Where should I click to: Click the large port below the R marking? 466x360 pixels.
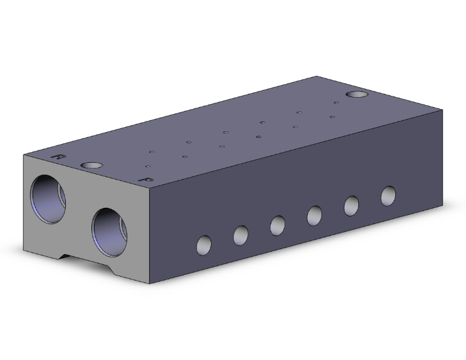(49, 198)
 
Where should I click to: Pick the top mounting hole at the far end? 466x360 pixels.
(358, 95)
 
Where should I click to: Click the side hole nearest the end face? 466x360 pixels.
(204, 244)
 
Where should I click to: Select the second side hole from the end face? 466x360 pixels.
(241, 235)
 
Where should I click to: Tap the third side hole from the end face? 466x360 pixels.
(278, 224)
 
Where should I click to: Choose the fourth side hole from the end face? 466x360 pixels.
(315, 215)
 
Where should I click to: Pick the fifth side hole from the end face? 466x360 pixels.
(351, 205)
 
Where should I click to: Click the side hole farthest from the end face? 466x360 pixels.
(388, 195)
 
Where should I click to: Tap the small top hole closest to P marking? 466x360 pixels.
(148, 167)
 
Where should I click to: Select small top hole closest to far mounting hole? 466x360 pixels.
(336, 102)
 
